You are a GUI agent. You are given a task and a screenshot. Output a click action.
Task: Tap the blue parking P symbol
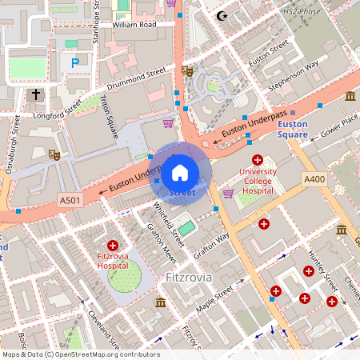[75, 62]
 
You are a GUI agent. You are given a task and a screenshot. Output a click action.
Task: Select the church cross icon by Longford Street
[35, 95]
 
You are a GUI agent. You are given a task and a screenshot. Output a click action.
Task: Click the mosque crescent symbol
[222, 16]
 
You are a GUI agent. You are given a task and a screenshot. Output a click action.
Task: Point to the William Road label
[135, 25]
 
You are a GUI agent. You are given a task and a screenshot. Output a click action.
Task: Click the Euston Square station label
[292, 129]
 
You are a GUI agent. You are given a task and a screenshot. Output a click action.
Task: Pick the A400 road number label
[314, 180]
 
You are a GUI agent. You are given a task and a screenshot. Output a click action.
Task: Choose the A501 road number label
[70, 200]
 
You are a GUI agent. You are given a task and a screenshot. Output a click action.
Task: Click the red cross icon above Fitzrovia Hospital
[112, 245]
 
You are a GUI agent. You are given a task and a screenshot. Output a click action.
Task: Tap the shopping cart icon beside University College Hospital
[229, 192]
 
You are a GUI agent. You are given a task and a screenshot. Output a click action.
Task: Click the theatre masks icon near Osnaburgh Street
[54, 154]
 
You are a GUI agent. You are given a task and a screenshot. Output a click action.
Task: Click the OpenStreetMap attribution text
[80, 354]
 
